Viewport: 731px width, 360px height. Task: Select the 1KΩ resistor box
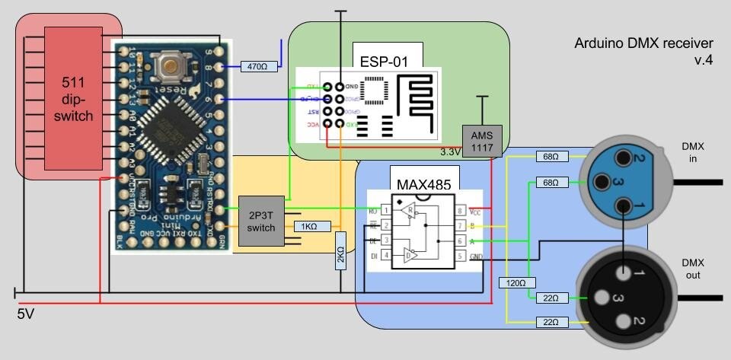(x=309, y=226)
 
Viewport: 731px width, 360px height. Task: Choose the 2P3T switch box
(x=260, y=221)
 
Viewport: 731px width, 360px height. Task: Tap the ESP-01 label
(x=387, y=58)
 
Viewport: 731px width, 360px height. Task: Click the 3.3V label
(x=451, y=152)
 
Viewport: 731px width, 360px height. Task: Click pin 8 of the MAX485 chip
(x=461, y=211)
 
